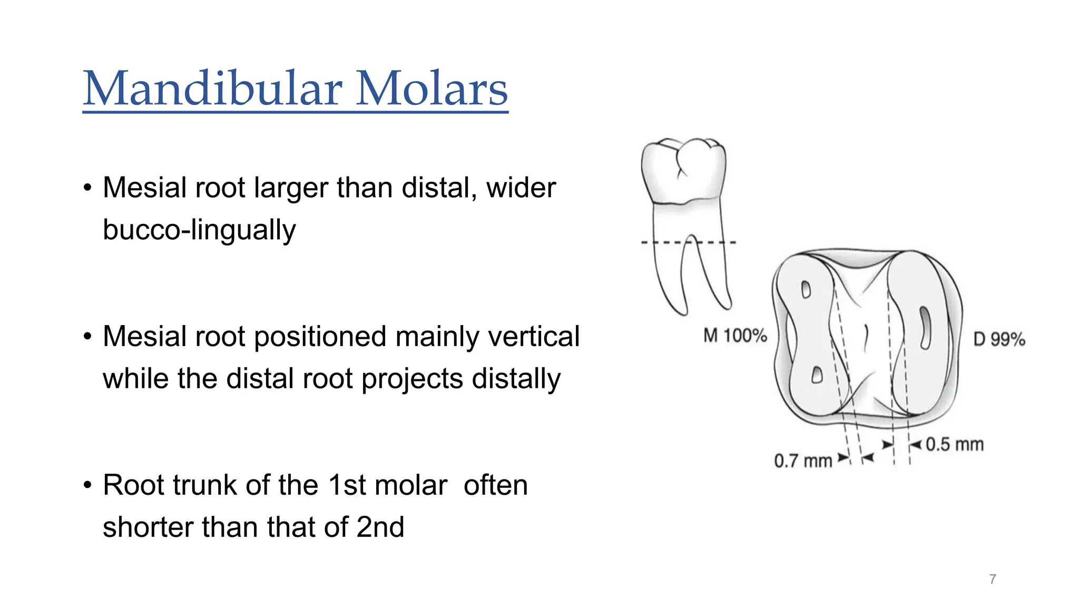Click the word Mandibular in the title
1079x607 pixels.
tap(212, 89)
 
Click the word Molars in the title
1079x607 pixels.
tap(431, 89)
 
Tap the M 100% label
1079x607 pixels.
tap(735, 336)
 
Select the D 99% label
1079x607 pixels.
tap(999, 339)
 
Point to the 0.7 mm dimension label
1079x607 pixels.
tap(802, 461)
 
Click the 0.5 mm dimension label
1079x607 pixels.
tap(955, 445)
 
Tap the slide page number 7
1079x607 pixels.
tap(993, 580)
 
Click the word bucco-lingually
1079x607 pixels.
tap(199, 230)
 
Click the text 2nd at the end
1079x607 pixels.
tap(380, 527)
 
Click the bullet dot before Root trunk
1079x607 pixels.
tap(87, 485)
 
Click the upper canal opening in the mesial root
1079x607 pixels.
tap(806, 289)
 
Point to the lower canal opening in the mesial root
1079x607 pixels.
tap(817, 375)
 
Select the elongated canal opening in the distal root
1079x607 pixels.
tap(925, 328)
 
